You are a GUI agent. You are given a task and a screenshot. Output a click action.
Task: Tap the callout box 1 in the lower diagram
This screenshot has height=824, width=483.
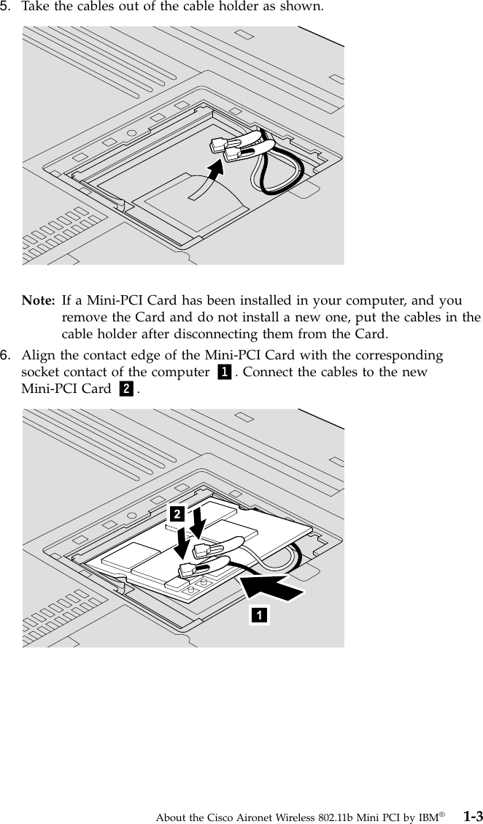259,614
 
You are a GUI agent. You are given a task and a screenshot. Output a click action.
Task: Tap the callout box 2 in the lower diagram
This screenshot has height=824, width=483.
176,514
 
